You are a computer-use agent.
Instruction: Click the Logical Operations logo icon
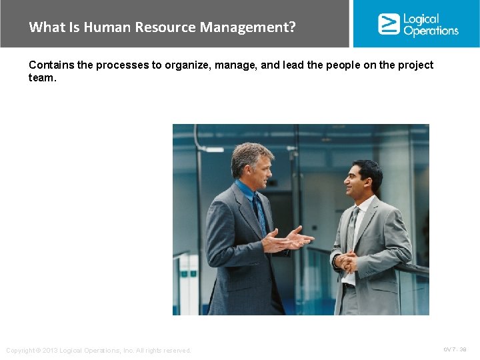coord(388,23)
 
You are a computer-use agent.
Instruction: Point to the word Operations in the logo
coord(431,31)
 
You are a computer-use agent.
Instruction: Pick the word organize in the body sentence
coord(187,65)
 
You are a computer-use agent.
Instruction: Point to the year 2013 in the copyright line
coord(49,351)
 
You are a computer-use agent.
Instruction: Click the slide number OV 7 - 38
coord(455,349)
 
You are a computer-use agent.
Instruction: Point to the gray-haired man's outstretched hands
coord(288,239)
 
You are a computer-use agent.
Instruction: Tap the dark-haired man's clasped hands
coord(345,263)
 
